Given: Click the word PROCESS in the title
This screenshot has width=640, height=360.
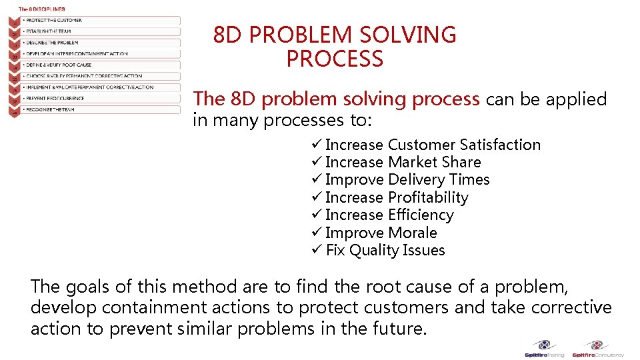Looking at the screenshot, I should point(335,59).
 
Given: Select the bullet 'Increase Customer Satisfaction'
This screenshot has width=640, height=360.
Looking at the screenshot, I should point(433,145).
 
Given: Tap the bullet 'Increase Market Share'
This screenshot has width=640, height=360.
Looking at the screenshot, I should point(403,162).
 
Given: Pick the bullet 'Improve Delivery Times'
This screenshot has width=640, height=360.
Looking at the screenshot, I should point(407,180).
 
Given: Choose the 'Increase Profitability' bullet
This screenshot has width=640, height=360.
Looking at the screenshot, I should point(397,197).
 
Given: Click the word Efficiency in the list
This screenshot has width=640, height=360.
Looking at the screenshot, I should point(421,215).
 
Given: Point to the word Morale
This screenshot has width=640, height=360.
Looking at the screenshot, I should point(413,233).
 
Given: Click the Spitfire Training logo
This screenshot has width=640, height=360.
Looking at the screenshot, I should point(545,348).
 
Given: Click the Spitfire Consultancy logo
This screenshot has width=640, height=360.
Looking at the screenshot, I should point(598,348).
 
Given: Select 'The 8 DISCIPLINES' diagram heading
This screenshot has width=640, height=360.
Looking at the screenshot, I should point(41,9).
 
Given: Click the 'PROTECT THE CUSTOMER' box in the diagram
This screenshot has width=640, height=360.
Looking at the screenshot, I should point(100,21).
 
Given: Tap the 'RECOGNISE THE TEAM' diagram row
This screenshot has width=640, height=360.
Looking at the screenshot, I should point(100,109).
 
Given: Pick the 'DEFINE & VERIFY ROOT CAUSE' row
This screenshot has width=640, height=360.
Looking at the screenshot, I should point(100,65).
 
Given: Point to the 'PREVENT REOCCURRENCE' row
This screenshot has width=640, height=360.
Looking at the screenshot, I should point(100,98).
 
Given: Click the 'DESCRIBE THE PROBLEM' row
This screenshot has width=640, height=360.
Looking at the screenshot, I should point(100,43).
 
